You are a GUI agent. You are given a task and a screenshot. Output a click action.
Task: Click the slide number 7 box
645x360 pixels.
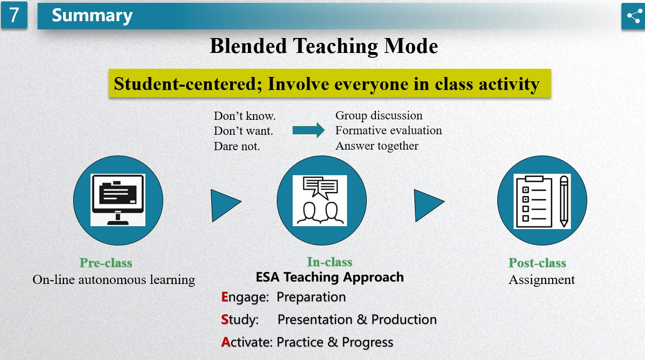coord(14,15)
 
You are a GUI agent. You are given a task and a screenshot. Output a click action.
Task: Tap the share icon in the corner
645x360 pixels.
coord(634,16)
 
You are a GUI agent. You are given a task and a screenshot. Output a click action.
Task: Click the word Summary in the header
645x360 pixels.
coord(92,16)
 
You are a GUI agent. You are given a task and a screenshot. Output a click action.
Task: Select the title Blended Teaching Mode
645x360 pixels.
coord(324,46)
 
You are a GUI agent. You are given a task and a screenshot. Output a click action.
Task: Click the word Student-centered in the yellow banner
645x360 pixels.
coord(185,84)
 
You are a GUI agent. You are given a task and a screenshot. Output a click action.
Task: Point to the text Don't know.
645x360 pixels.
coord(245,116)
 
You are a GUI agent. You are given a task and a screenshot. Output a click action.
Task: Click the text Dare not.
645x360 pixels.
coord(237,146)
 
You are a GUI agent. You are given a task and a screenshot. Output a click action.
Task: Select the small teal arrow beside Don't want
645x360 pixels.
coord(309,130)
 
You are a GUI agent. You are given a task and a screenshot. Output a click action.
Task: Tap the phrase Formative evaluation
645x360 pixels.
coord(388,130)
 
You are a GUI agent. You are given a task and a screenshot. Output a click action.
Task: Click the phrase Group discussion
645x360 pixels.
coord(379,116)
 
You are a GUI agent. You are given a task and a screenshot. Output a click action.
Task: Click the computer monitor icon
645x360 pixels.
coord(118,200)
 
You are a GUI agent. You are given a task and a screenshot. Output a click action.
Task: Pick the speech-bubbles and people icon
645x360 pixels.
coord(320,200)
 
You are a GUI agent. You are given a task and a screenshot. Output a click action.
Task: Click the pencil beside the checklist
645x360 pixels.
coord(564,202)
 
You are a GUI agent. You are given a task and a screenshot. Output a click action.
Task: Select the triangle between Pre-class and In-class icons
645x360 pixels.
coord(225,206)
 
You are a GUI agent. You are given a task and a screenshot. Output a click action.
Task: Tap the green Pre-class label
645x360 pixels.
coord(106,263)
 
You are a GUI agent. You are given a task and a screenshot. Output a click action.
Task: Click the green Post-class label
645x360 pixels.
coord(537,263)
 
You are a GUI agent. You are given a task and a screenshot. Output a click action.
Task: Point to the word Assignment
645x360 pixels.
coord(542,280)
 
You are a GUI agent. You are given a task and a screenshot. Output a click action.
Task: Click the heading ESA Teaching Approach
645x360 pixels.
coord(330,277)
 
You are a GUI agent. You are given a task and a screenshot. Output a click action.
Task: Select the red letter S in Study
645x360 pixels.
coord(225,320)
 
